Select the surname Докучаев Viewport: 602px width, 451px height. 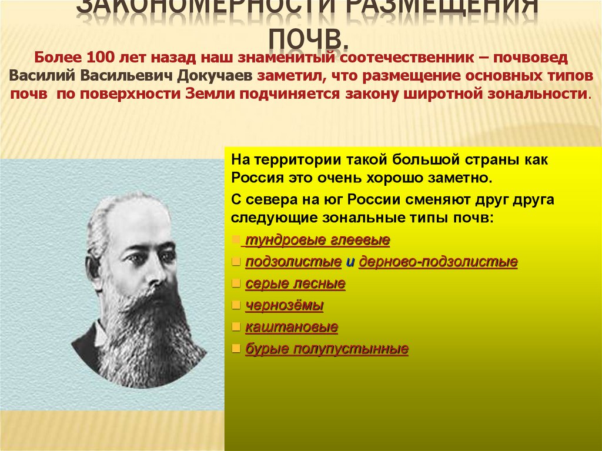click(x=216, y=76)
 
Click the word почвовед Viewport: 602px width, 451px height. click(x=531, y=59)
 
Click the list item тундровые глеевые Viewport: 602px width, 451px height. click(x=317, y=240)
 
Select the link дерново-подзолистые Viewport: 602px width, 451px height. click(x=438, y=262)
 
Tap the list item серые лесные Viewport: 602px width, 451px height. click(x=295, y=284)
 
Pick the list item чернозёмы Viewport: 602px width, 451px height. click(x=285, y=306)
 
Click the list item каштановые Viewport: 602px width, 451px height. click(x=292, y=328)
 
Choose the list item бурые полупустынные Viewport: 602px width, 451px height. click(x=327, y=349)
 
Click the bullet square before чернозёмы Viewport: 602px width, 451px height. click(x=236, y=306)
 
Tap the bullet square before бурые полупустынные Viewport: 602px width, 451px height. click(x=236, y=349)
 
